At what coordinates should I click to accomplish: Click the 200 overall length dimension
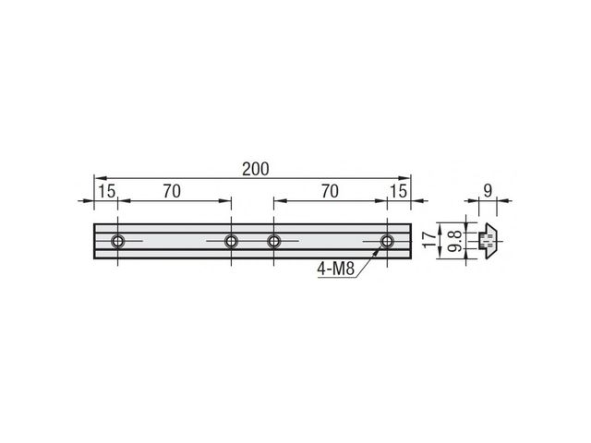[x=255, y=169]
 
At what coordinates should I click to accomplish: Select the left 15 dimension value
[x=107, y=191]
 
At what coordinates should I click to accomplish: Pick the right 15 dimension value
[x=398, y=191]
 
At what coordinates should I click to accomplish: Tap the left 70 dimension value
[x=172, y=191]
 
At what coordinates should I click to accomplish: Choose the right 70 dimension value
[x=330, y=191]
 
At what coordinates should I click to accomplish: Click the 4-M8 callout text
[x=336, y=269]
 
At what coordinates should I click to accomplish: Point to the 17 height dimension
[x=428, y=240]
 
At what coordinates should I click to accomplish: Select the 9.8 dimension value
[x=455, y=241]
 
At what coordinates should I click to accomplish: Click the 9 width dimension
[x=488, y=191]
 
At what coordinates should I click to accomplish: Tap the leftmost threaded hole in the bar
[x=118, y=241]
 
